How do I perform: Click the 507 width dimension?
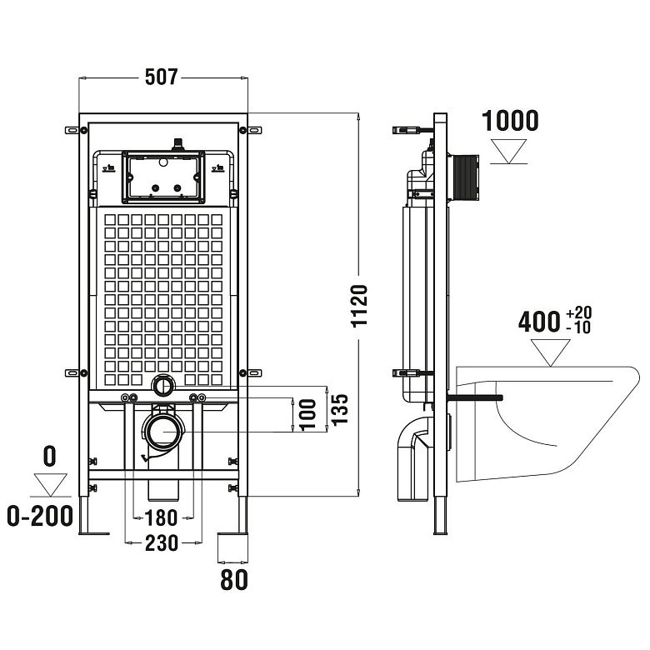point(162,77)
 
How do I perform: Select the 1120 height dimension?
point(359,307)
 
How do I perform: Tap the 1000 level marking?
point(510,121)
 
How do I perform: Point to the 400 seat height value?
point(538,322)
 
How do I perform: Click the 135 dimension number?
point(338,408)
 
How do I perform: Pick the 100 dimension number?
point(307,412)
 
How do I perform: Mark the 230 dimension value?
point(162,543)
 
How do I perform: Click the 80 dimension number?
point(235,579)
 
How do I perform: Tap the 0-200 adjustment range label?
point(38,517)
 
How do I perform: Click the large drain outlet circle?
point(163,432)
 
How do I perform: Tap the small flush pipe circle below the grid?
point(163,385)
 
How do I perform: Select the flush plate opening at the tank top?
point(162,176)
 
